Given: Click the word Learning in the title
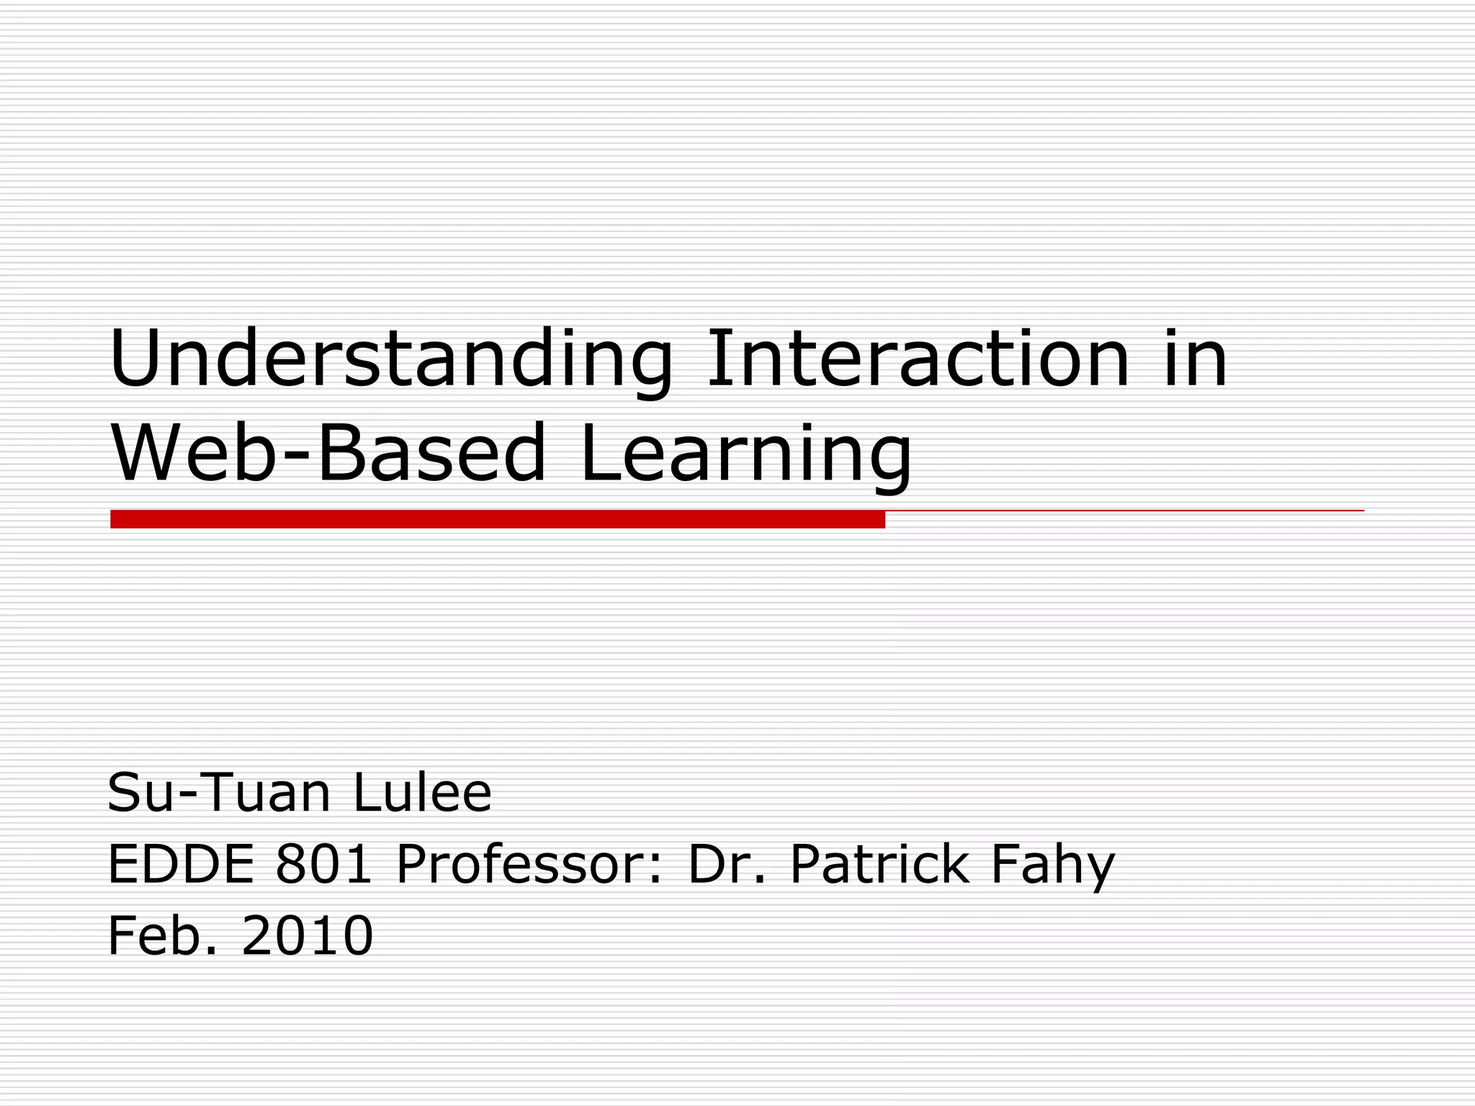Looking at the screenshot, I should pyautogui.click(x=745, y=454).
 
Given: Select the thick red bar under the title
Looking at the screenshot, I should pyautogui.click(x=497, y=519).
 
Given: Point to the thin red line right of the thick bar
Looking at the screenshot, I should pyautogui.click(x=1124, y=511).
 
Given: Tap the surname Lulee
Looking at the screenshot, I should pyautogui.click(x=422, y=793).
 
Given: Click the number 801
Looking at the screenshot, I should pyautogui.click(x=323, y=864).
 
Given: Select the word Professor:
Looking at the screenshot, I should pyautogui.click(x=529, y=864).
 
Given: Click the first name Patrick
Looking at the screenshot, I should pyautogui.click(x=879, y=864).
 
